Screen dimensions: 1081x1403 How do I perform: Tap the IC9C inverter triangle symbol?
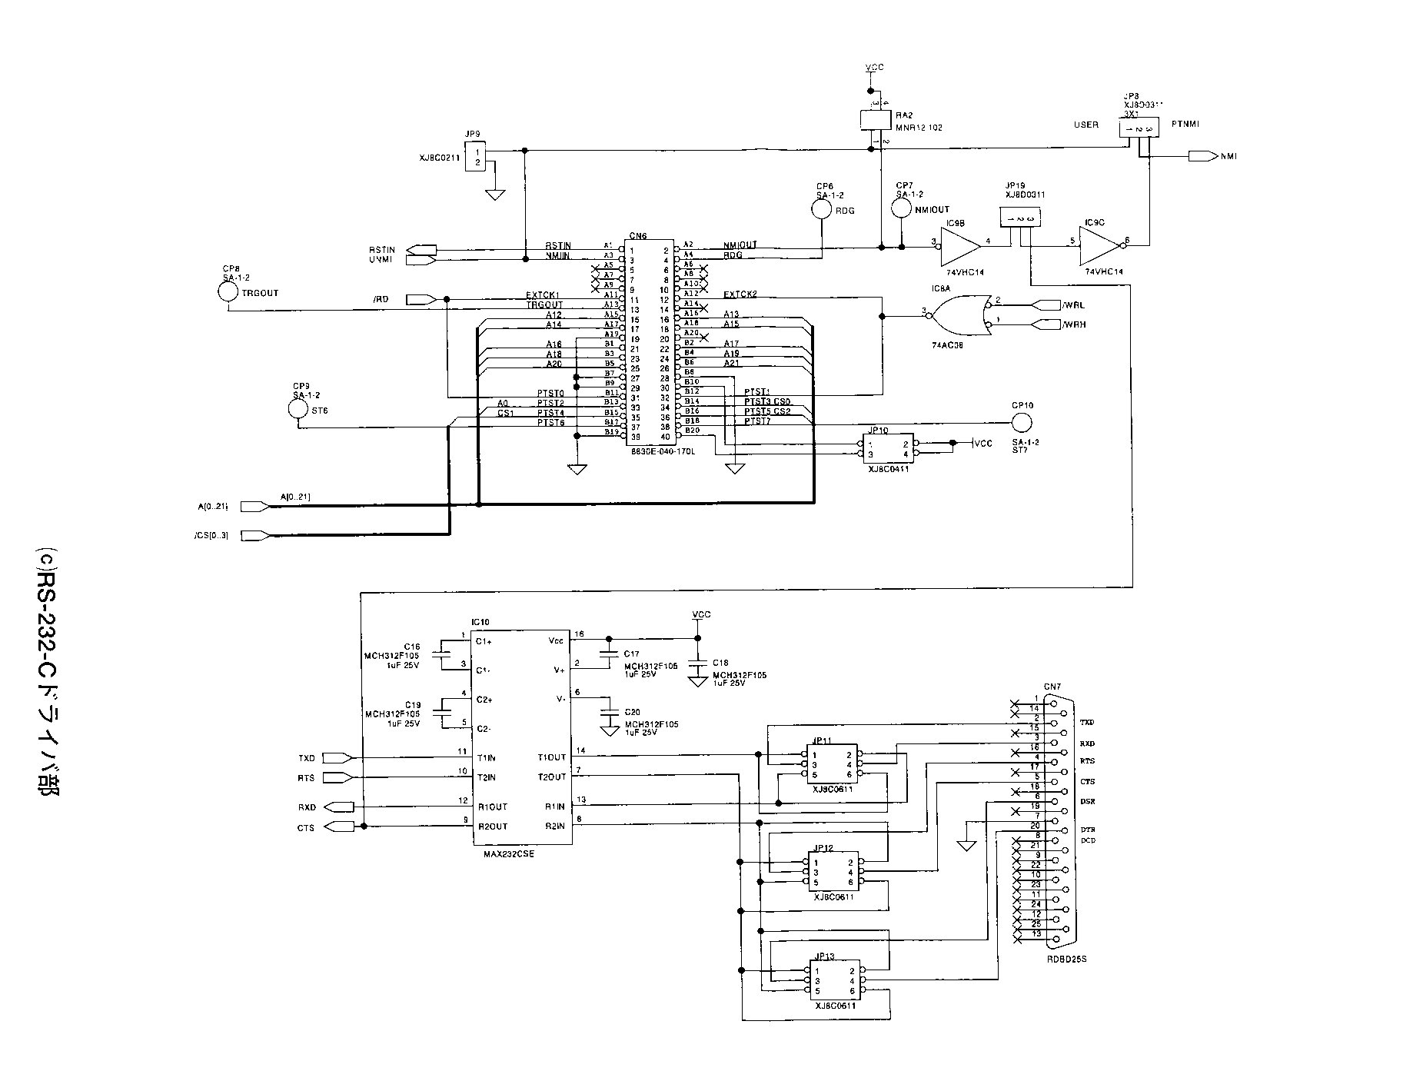pos(1099,247)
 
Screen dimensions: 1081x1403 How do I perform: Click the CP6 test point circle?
pos(822,209)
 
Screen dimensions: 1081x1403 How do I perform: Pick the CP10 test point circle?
pos(1022,422)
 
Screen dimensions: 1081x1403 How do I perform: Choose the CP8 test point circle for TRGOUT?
pos(228,292)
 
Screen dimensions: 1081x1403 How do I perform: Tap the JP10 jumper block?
pos(888,449)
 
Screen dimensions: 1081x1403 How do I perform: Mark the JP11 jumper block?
pos(832,764)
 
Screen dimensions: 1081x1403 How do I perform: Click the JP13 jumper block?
pos(832,981)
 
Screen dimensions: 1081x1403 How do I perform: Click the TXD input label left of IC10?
pos(307,758)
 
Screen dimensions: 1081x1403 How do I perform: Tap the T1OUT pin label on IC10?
pos(551,758)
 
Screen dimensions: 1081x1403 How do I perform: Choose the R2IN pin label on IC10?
pos(554,826)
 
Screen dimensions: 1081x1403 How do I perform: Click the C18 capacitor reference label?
pos(720,662)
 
